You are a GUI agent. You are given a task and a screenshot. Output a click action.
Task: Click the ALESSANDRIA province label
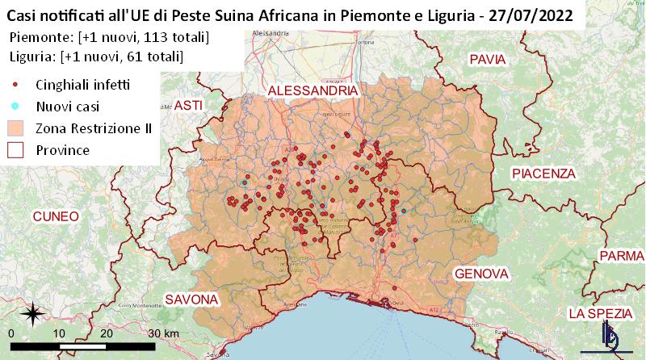[313, 91]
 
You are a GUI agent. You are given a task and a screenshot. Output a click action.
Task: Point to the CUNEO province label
[55, 216]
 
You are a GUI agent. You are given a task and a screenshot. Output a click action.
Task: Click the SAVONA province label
[191, 299]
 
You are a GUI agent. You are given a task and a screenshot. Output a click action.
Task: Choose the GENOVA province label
[480, 274]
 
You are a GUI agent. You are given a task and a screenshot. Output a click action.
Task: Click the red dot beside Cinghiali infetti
[16, 84]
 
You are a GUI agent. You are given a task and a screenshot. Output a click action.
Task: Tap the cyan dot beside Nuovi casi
[16, 106]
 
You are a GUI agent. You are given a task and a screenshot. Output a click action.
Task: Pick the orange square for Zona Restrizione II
[16, 128]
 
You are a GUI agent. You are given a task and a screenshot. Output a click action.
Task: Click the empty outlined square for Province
[16, 149]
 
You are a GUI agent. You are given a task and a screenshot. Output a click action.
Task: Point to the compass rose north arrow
[32, 312]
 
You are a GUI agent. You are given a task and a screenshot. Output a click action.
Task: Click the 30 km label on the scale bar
[161, 333]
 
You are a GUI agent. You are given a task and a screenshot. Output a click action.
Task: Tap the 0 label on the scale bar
[11, 333]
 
